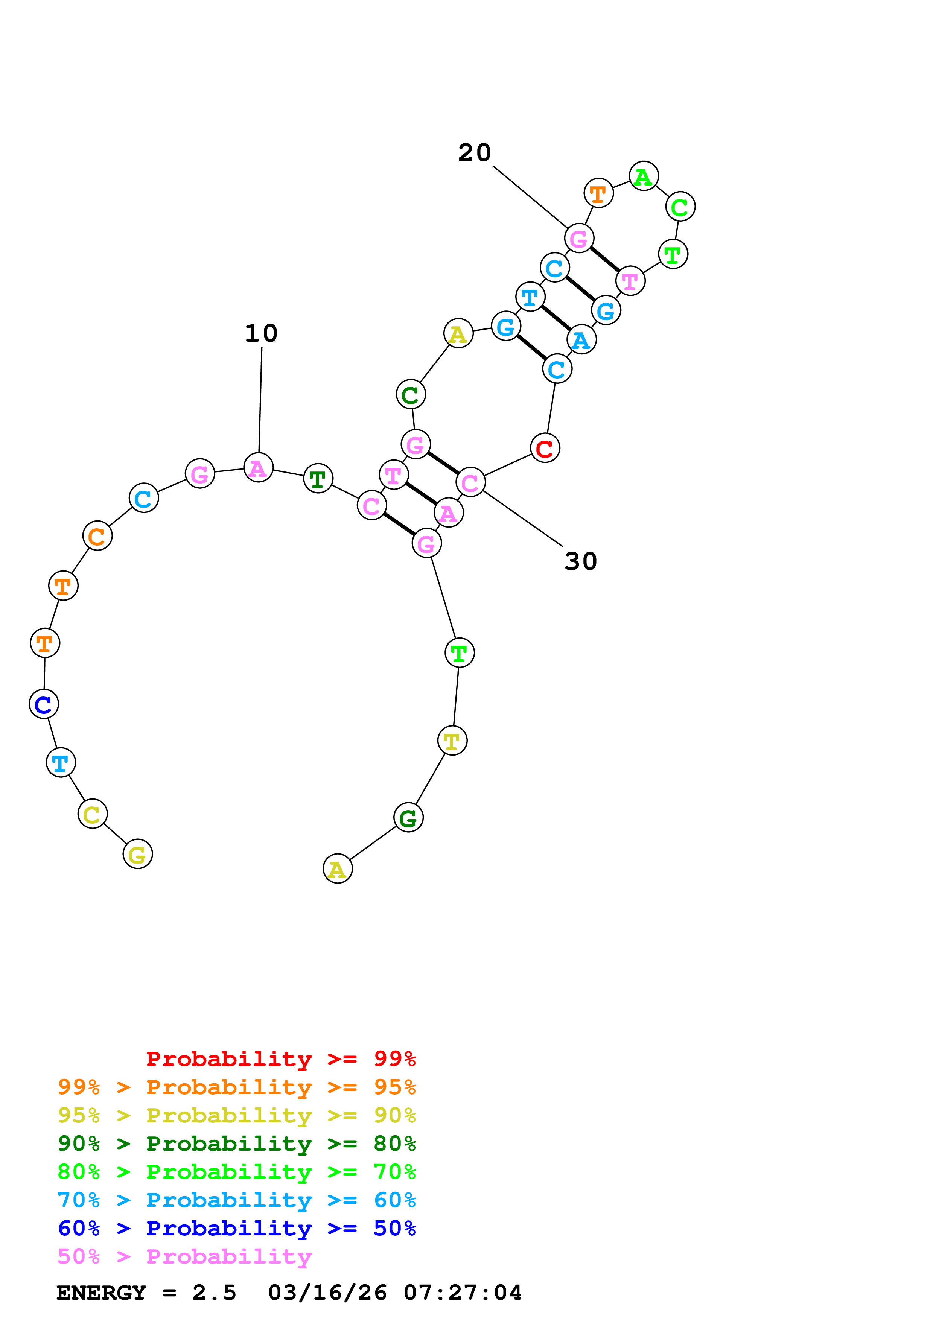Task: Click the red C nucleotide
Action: [544, 449]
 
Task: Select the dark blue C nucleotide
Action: [44, 704]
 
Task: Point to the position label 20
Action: [474, 153]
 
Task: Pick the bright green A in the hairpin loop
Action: [643, 176]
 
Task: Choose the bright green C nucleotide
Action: [680, 207]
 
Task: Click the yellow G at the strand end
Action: [137, 854]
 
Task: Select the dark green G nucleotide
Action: [408, 818]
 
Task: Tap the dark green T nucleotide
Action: [318, 478]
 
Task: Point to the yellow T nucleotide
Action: [452, 741]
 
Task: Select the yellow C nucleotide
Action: [92, 814]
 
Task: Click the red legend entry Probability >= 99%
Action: [280, 1059]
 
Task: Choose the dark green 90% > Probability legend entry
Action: [236, 1144]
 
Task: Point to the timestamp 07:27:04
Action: [462, 1293]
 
